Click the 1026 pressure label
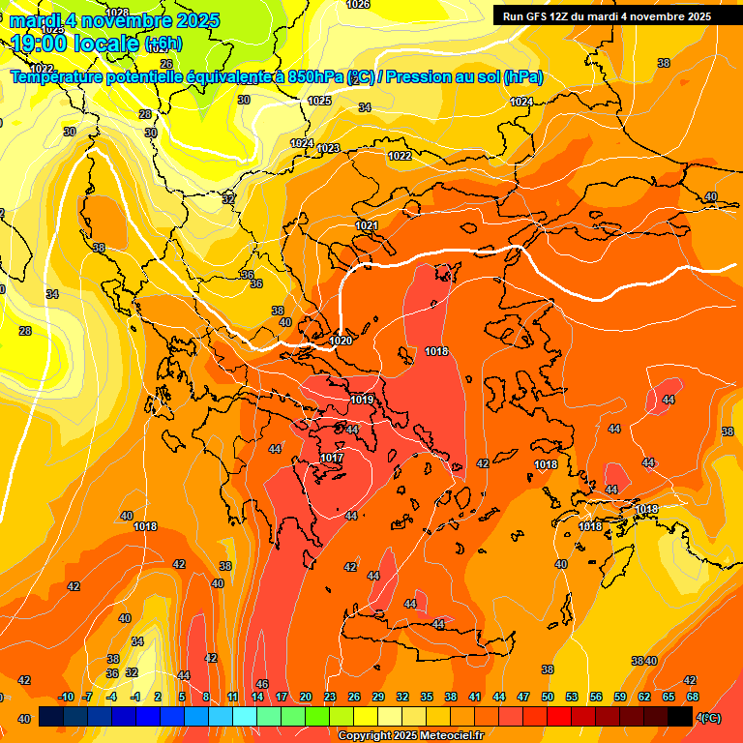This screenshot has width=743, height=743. pyautogui.click(x=358, y=5)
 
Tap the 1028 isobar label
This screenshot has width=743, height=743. pyautogui.click(x=117, y=13)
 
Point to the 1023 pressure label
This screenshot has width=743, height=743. pyautogui.click(x=328, y=148)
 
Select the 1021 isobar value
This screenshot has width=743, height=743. pyautogui.click(x=367, y=225)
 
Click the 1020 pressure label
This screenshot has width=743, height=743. pyautogui.click(x=341, y=341)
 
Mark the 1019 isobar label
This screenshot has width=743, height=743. pyautogui.click(x=362, y=400)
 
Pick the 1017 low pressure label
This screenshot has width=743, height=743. pyautogui.click(x=332, y=458)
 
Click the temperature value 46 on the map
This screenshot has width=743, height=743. pyautogui.click(x=261, y=684)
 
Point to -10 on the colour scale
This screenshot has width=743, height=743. pyautogui.click(x=66, y=698)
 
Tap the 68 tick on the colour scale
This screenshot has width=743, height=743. pyautogui.click(x=693, y=698)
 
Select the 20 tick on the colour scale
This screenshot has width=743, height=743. pyautogui.click(x=306, y=698)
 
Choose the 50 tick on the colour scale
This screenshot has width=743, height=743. pyautogui.click(x=548, y=698)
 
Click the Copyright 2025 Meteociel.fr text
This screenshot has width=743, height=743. pyautogui.click(x=411, y=736)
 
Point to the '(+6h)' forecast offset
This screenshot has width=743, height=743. pyautogui.click(x=163, y=44)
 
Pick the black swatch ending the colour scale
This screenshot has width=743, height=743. pyautogui.click(x=680, y=716)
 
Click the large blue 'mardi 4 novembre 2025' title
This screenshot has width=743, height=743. pyautogui.click(x=114, y=20)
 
